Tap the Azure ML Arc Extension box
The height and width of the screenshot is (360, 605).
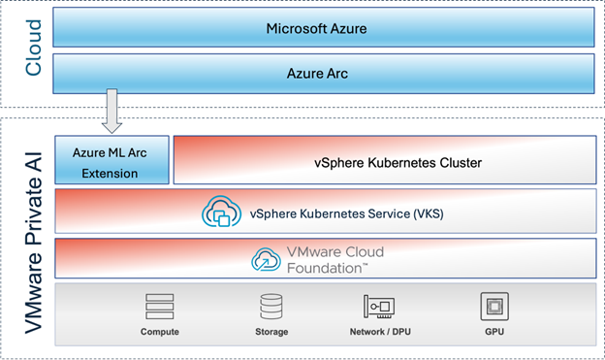click(112, 160)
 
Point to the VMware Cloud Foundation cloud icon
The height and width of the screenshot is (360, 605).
click(267, 259)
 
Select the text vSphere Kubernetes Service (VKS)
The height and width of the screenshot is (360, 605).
click(346, 213)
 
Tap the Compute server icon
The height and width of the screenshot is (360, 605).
click(160, 307)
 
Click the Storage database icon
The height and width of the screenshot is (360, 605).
click(271, 307)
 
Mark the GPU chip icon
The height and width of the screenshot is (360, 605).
click(494, 307)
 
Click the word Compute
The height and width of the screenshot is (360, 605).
click(160, 332)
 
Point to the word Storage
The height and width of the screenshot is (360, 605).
click(271, 332)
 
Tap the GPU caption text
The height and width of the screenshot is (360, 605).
click(494, 332)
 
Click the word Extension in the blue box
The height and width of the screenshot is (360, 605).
click(112, 174)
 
